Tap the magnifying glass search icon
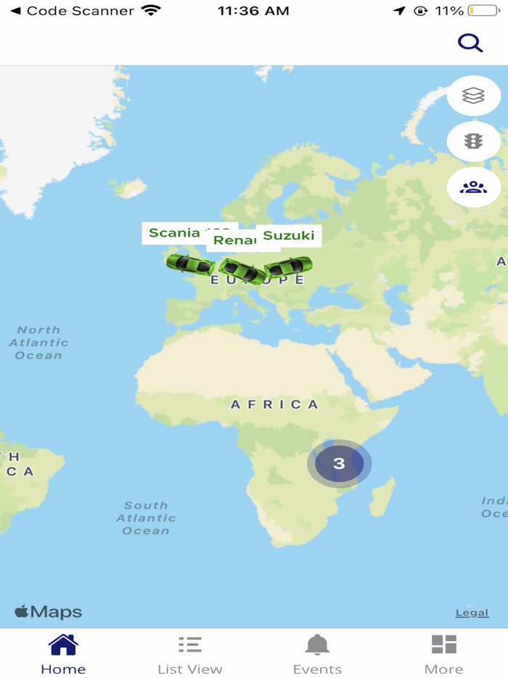coord(470,44)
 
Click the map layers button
coord(473,96)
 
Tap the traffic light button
coord(473,142)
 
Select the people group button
coord(473,187)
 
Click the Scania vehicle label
coord(174,233)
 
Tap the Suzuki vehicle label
coord(289,235)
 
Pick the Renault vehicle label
coord(234,240)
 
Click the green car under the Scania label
coord(190,264)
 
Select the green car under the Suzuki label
coord(288,267)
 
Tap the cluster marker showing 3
coord(339,463)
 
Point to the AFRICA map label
coord(274,404)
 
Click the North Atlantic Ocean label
coord(38,343)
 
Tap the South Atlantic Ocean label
coord(146,518)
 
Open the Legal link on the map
coord(472,613)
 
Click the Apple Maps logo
coord(49,612)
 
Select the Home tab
coord(63,654)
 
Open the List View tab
coord(190,654)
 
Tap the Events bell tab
coord(317,654)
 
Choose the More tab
coord(443,654)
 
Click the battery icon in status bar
coord(483,11)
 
